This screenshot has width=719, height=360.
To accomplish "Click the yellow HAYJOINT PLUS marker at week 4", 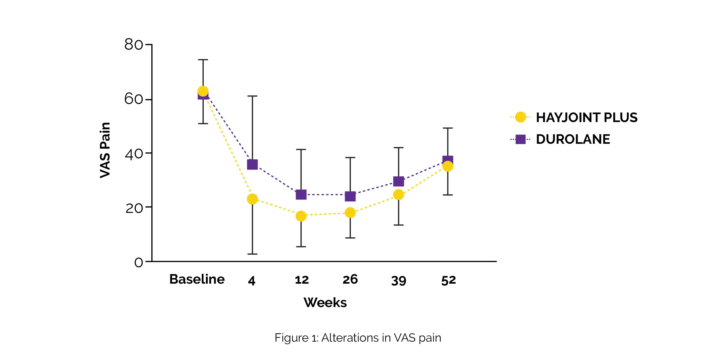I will [x=252, y=199].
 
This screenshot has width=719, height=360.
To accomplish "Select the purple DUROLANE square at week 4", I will [x=252, y=164].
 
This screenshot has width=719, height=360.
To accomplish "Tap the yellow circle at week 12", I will [x=301, y=216].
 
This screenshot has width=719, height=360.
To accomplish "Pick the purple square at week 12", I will [x=301, y=194].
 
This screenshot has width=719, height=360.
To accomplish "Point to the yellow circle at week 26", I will [x=350, y=213].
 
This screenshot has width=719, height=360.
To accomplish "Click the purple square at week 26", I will [x=350, y=196].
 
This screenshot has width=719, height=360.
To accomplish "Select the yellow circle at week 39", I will [x=399, y=194].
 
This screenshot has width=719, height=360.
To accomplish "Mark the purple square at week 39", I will [x=399, y=181].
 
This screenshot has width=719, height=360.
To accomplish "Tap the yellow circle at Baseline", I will [x=203, y=91].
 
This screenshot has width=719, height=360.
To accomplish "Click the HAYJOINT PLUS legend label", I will [x=586, y=118].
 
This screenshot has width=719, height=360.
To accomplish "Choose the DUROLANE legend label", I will [x=573, y=139].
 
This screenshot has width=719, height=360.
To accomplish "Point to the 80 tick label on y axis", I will [x=133, y=44].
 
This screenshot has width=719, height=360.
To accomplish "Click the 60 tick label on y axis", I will [x=133, y=99].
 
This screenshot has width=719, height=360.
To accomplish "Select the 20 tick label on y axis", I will [x=134, y=208].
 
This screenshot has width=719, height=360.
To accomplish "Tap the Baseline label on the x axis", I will [x=197, y=279].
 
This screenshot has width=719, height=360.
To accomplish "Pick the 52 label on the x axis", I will [x=448, y=280].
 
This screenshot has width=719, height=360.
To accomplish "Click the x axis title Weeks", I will [x=325, y=303].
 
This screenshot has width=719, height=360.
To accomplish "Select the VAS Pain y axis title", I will [x=105, y=150].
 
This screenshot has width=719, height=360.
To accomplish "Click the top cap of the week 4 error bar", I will [x=252, y=96].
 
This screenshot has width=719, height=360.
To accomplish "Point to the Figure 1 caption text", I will [x=358, y=338].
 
